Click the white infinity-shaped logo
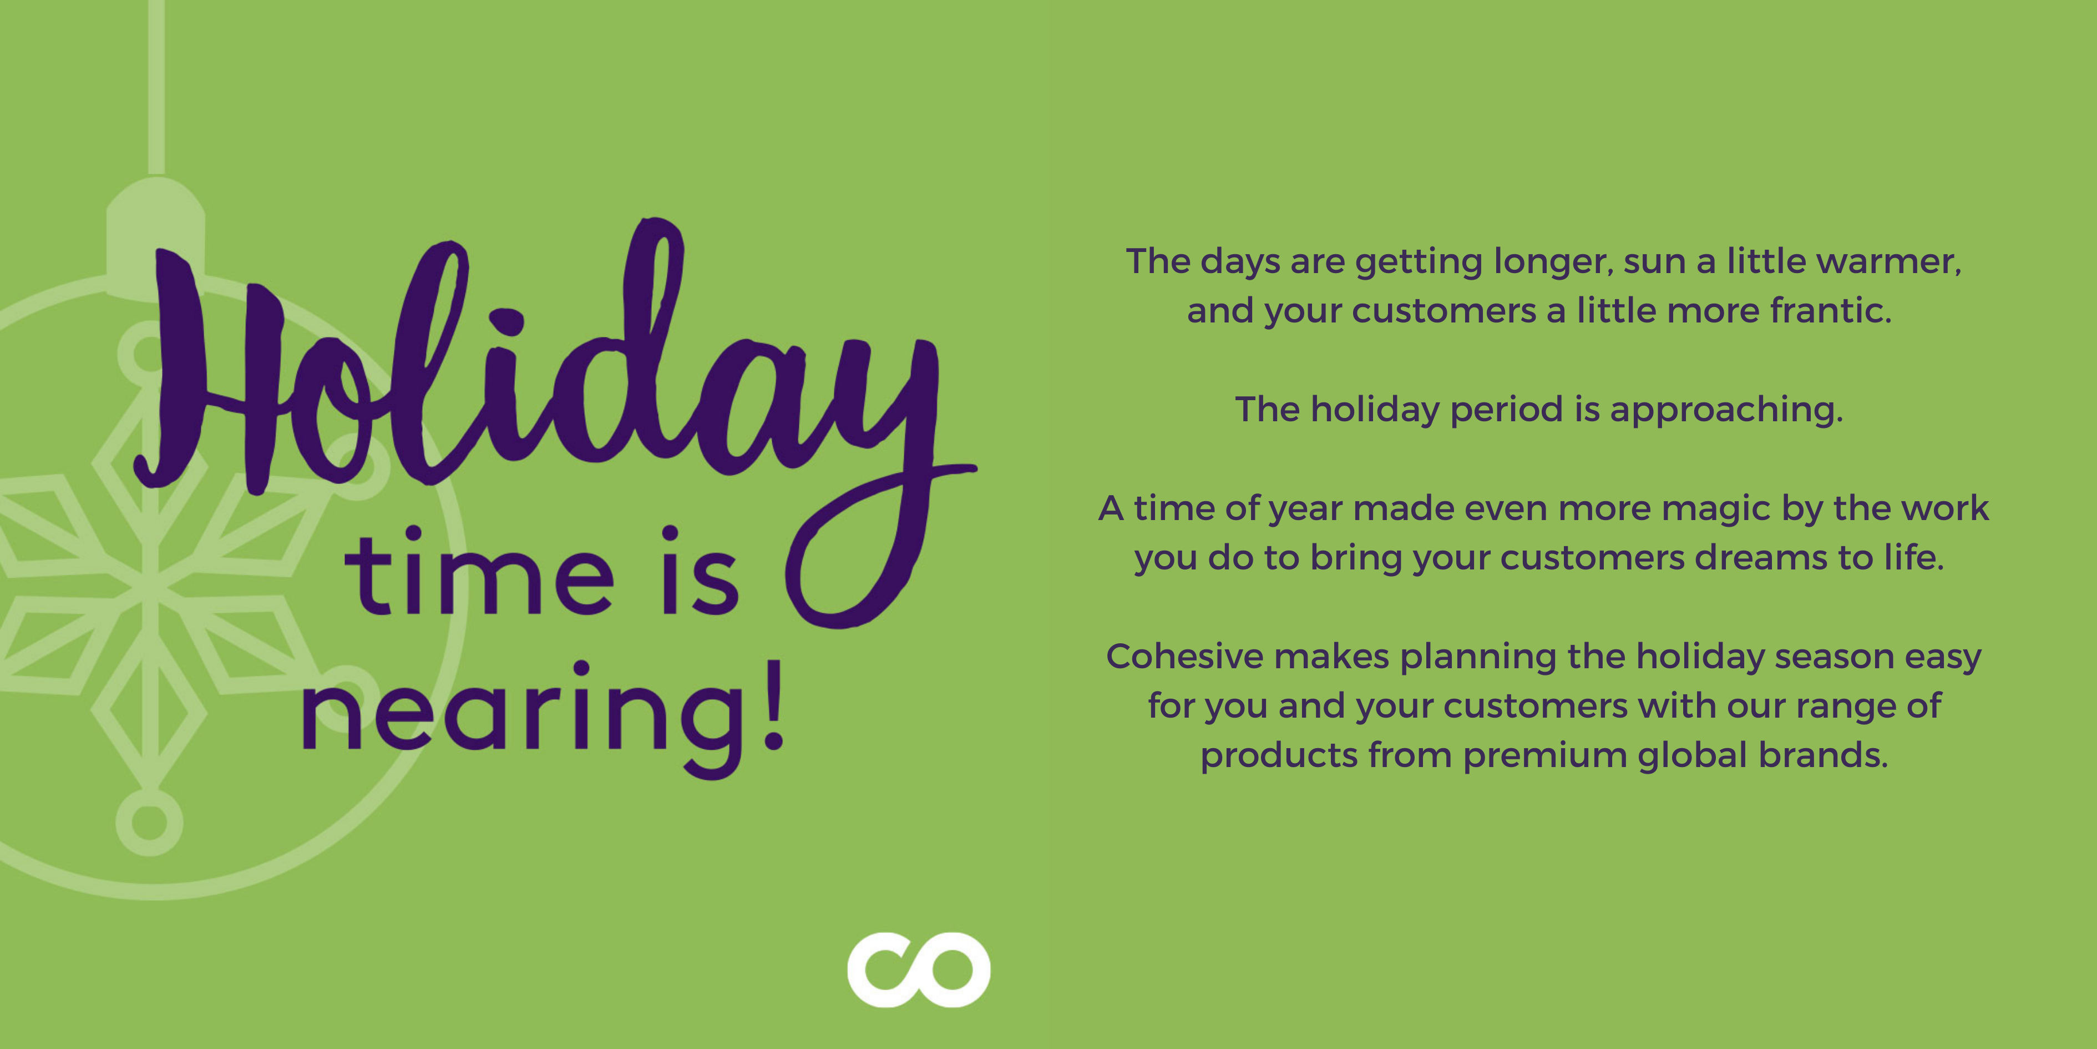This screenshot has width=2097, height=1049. pyautogui.click(x=918, y=969)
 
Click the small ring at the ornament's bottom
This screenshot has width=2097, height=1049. pyautogui.click(x=149, y=822)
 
